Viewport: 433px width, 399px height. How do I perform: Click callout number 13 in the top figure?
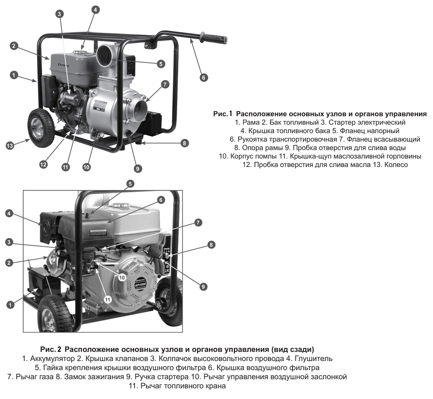coord(10,146)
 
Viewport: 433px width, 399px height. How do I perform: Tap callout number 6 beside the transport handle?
coord(204,77)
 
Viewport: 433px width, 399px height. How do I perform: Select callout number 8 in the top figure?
coord(184,143)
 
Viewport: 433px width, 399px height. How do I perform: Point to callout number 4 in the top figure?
coord(95,10)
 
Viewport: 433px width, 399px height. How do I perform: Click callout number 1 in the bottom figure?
coord(10,305)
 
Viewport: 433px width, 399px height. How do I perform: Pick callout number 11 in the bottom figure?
coord(108,299)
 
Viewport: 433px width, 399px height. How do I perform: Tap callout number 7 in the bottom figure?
coord(198,222)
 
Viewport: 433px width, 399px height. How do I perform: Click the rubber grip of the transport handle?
coord(215,37)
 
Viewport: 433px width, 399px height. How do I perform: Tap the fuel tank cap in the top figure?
coord(82,53)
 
